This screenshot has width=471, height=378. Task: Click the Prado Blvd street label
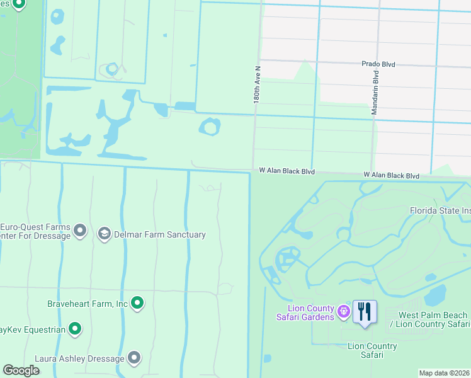click(x=382, y=64)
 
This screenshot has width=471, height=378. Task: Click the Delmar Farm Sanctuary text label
click(x=160, y=234)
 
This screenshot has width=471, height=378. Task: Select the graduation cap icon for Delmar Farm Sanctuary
click(x=105, y=234)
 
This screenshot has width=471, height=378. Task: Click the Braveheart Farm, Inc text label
click(x=88, y=304)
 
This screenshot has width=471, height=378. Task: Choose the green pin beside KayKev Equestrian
click(x=75, y=328)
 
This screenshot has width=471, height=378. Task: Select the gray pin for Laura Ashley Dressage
click(x=134, y=358)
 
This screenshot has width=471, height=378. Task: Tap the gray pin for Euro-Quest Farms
click(x=80, y=231)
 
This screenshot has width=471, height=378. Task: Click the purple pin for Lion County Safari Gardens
click(x=343, y=311)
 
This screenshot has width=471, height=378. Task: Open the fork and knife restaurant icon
click(x=365, y=312)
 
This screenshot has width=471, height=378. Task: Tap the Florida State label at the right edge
click(x=440, y=210)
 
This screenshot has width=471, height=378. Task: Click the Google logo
click(x=21, y=370)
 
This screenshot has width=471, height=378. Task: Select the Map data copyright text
click(x=444, y=373)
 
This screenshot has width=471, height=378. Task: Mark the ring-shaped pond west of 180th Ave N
click(x=210, y=127)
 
